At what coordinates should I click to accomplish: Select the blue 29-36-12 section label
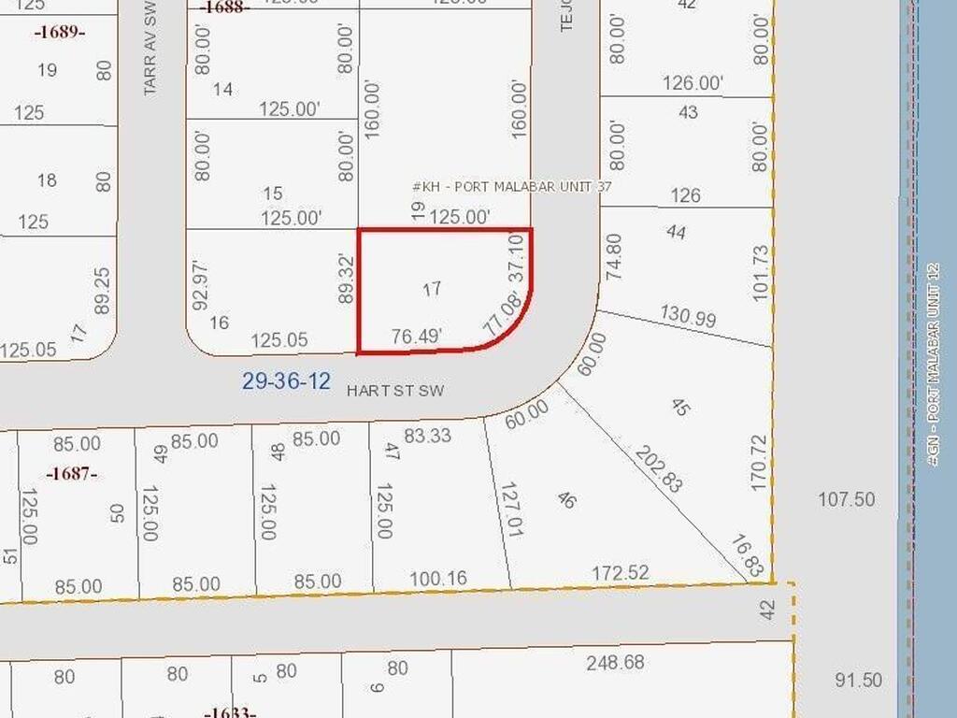click(x=286, y=381)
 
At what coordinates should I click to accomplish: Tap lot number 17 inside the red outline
click(x=431, y=289)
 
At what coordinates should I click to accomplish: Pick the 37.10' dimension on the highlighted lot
click(x=520, y=255)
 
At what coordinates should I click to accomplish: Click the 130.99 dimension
click(x=687, y=316)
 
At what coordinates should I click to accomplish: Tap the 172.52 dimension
click(x=621, y=572)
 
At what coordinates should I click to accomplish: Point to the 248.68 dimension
click(x=615, y=663)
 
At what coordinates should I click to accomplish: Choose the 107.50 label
click(x=847, y=499)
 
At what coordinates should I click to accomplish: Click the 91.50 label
click(x=857, y=680)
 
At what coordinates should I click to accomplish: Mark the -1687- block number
click(x=72, y=473)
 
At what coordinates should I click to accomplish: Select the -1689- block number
click(x=60, y=33)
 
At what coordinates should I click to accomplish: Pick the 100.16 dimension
click(x=437, y=579)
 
